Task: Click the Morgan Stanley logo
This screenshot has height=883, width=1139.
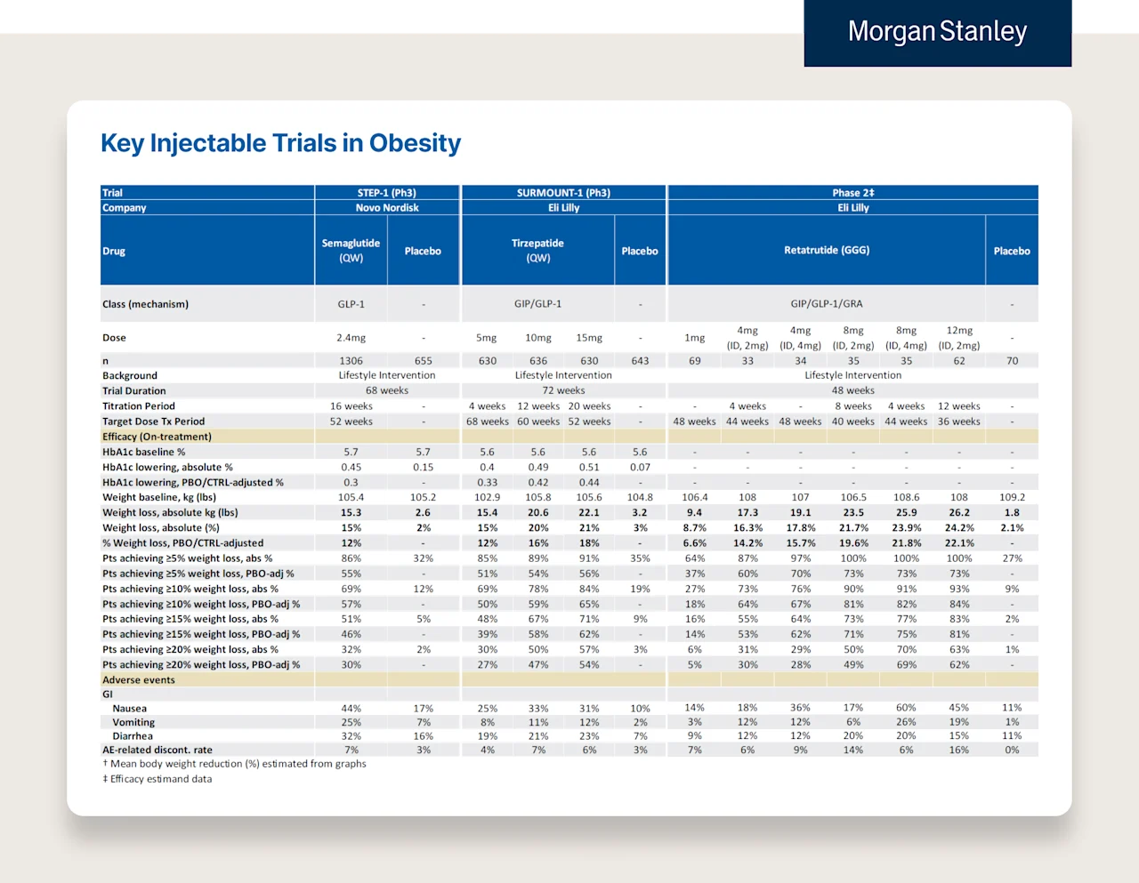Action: tap(937, 32)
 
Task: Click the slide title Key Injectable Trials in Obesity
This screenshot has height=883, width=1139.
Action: tap(280, 143)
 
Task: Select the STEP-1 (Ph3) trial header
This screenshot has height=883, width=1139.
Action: tap(387, 193)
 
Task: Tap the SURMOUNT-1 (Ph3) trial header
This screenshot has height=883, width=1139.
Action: tap(563, 193)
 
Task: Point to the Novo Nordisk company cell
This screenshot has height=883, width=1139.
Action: tap(387, 208)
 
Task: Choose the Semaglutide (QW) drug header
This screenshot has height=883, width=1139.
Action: tap(351, 251)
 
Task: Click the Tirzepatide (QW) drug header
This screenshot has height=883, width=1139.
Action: tap(537, 251)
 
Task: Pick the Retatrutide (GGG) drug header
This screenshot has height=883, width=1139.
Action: tap(827, 251)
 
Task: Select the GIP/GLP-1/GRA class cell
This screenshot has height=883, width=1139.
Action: tap(827, 304)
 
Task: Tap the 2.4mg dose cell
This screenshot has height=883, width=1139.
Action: tap(351, 338)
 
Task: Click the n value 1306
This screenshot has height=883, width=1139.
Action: tap(351, 361)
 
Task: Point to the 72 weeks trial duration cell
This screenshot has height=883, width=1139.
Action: tap(563, 390)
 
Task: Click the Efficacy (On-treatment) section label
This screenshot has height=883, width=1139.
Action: tap(157, 437)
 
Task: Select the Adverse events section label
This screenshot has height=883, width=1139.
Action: tap(139, 680)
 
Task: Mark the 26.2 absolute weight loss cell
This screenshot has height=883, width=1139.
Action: tap(959, 513)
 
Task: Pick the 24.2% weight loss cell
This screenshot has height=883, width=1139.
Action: tap(959, 528)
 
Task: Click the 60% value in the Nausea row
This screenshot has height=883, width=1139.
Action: tap(906, 709)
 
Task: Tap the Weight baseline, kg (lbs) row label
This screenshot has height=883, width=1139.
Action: tap(159, 498)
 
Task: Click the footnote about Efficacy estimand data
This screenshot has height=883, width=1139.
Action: tap(158, 779)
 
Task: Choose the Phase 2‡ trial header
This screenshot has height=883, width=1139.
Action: tap(852, 193)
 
